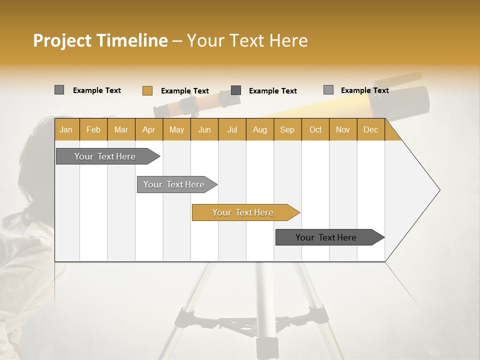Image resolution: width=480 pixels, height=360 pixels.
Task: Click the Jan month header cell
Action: [66, 129]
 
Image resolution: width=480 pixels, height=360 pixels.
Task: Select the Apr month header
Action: [149, 129]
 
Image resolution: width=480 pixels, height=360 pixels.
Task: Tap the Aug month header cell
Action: [260, 129]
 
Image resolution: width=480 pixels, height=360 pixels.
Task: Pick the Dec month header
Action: [370, 129]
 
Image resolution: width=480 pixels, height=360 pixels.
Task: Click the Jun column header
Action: [204, 129]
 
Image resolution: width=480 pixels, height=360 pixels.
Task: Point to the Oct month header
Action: [315, 129]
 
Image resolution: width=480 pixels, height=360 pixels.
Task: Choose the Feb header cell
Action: [93, 129]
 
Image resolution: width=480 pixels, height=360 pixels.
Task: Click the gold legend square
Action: [147, 90]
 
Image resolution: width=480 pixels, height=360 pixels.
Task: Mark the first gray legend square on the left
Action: [59, 90]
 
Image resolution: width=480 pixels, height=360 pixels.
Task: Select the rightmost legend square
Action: [328, 90]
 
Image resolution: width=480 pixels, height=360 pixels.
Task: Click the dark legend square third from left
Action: [236, 90]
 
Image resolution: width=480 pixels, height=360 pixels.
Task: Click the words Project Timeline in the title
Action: [100, 40]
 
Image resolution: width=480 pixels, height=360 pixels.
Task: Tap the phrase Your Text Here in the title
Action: [247, 40]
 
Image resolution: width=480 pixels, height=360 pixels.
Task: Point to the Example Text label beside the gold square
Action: [185, 91]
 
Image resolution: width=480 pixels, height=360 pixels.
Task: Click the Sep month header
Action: [287, 129]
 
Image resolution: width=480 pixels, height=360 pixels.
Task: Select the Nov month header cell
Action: [343, 129]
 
